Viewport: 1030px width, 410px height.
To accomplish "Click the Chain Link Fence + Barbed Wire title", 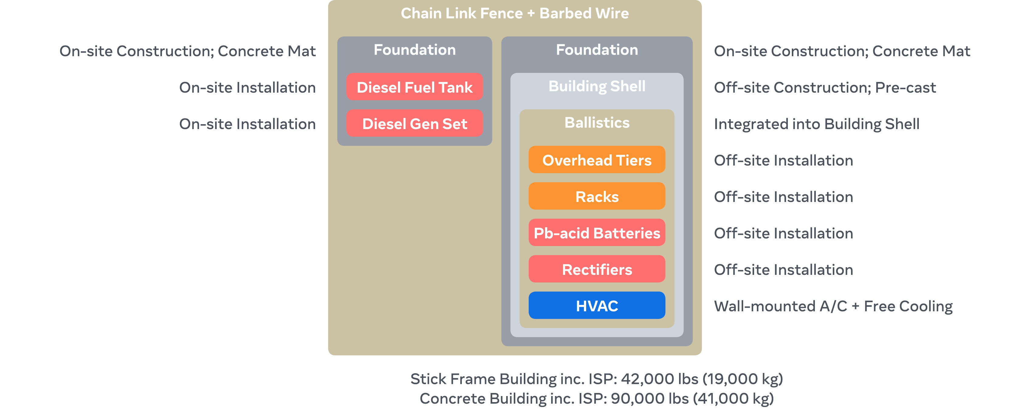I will click(515, 13).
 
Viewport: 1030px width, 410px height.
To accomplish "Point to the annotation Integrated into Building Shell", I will click(816, 124).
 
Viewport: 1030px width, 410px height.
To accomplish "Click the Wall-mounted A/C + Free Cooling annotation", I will click(833, 306).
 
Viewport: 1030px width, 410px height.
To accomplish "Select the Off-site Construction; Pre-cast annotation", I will click(825, 87).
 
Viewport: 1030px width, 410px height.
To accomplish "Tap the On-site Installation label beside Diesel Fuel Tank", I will click(247, 87).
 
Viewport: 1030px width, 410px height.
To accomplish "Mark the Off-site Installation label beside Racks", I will click(783, 196).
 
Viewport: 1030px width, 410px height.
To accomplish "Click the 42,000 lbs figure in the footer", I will click(659, 379).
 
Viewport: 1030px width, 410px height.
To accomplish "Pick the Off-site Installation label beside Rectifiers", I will click(783, 270).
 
